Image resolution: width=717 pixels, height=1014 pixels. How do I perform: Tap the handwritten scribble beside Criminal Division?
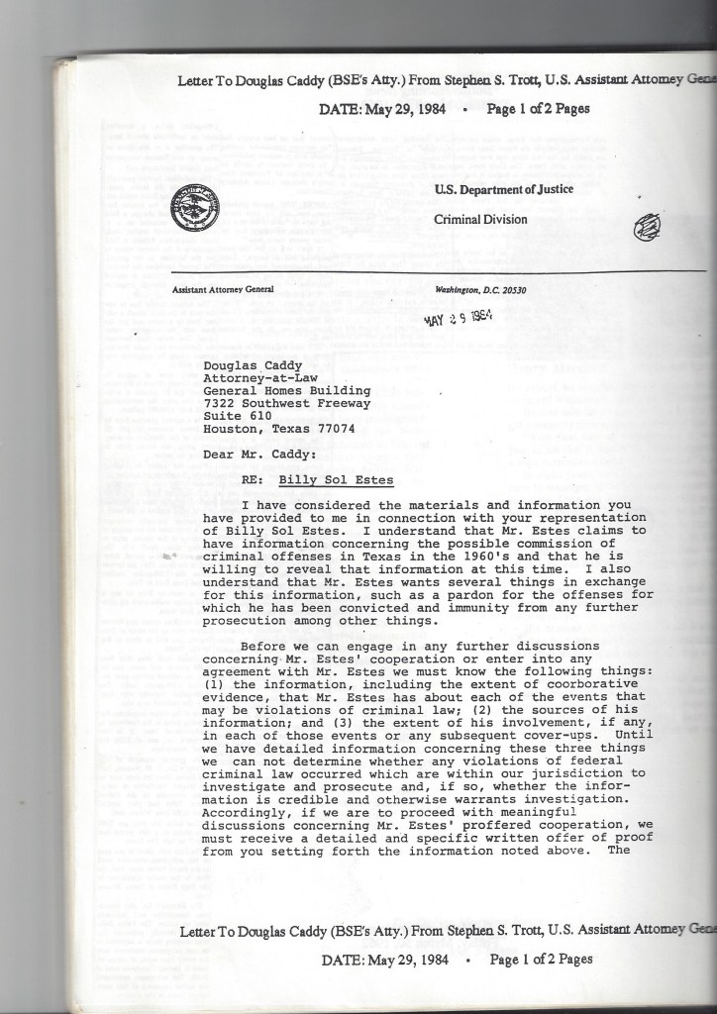[x=647, y=228]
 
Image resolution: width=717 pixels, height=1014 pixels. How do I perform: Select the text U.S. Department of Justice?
[x=503, y=189]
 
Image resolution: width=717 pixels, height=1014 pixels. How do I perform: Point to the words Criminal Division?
[x=480, y=219]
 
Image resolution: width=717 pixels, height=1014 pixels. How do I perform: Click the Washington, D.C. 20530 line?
[x=480, y=290]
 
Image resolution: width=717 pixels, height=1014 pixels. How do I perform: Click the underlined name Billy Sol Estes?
[x=336, y=481]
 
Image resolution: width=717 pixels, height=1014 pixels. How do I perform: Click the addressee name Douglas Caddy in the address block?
[x=254, y=365]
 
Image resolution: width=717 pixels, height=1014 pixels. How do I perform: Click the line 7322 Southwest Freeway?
[x=286, y=403]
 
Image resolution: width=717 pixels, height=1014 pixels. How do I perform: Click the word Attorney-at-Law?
[x=257, y=377]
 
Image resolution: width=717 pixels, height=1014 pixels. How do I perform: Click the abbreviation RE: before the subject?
[x=253, y=481]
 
